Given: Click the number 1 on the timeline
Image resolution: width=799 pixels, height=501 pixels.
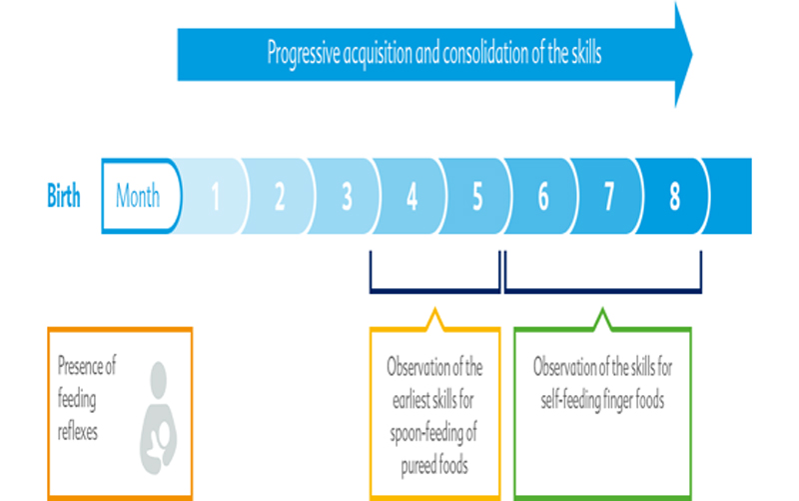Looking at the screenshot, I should pyautogui.click(x=215, y=196).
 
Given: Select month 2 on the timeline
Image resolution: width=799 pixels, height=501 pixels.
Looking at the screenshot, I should pyautogui.click(x=280, y=196).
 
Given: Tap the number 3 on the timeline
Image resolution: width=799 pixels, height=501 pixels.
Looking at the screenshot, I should pyautogui.click(x=347, y=196).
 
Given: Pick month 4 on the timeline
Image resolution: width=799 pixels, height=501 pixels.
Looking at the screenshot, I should pyautogui.click(x=411, y=196).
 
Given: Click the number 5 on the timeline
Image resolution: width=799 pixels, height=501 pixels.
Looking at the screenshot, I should pyautogui.click(x=476, y=196).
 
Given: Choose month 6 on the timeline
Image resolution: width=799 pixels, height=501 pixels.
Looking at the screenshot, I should pyautogui.click(x=542, y=196).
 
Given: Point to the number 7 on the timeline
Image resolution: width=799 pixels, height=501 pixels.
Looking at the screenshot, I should pyautogui.click(x=609, y=196).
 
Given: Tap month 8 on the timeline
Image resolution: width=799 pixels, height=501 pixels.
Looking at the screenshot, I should pyautogui.click(x=675, y=196).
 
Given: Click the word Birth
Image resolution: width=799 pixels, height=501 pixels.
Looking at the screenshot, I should pyautogui.click(x=64, y=195).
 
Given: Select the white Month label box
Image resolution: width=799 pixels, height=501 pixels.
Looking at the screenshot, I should pyautogui.click(x=139, y=195).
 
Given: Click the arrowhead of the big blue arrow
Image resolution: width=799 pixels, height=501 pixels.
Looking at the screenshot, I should pyautogui.click(x=682, y=52).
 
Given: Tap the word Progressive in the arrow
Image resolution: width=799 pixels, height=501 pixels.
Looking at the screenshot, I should pyautogui.click(x=304, y=53).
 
